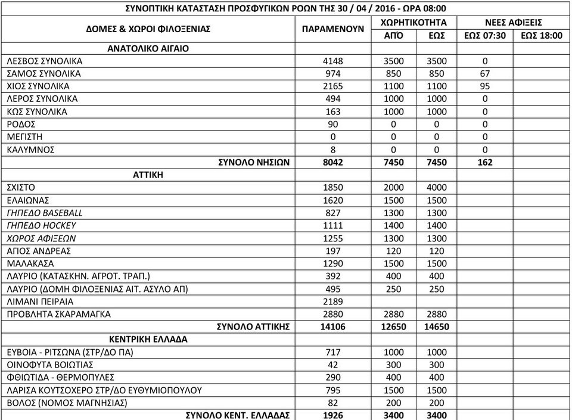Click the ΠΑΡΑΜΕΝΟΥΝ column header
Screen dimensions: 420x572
point(333,29)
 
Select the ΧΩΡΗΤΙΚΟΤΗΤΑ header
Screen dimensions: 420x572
point(414,22)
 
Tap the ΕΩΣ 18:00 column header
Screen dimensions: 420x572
point(541,35)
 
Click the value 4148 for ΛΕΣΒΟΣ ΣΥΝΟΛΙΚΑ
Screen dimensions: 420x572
point(333,61)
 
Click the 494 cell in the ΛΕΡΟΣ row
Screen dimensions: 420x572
point(333,98)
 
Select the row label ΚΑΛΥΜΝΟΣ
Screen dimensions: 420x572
point(30,149)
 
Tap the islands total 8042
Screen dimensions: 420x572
point(333,162)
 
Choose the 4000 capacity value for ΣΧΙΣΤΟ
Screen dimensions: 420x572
point(437,187)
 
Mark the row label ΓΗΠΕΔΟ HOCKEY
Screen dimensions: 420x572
point(41,225)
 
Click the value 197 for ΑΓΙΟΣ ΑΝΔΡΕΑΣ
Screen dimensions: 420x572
point(333,251)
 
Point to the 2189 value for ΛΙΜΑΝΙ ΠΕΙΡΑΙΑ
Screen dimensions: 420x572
point(333,301)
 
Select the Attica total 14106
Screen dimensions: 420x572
point(333,326)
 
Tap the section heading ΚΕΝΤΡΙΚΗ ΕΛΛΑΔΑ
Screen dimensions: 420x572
point(148,339)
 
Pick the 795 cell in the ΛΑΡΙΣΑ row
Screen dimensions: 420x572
point(333,390)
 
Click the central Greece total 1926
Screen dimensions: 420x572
point(333,415)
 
